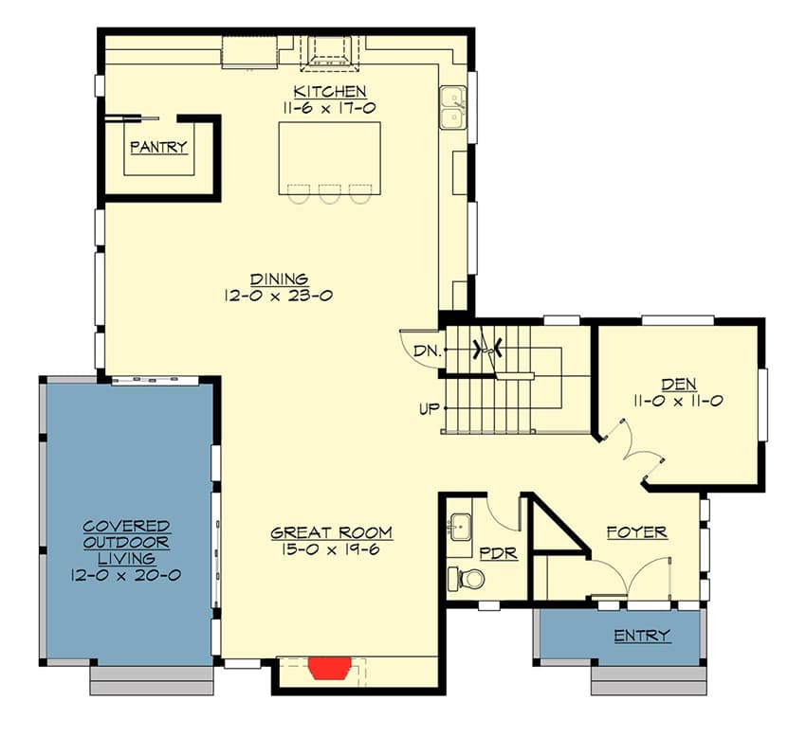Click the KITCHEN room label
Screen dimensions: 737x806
(x=329, y=92)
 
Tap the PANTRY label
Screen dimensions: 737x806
(x=158, y=147)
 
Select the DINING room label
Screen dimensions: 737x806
(x=279, y=279)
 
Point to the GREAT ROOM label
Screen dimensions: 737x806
(x=331, y=532)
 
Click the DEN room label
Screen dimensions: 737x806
(x=679, y=384)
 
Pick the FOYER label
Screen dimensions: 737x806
(x=636, y=532)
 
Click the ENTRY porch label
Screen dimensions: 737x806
(x=641, y=635)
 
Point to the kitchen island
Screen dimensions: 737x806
(x=329, y=156)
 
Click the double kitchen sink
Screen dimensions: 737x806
(x=452, y=107)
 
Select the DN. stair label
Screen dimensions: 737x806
(x=425, y=351)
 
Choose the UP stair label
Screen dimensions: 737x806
(x=429, y=409)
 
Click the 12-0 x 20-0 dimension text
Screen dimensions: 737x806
(x=125, y=574)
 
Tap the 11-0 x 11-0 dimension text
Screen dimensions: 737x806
(x=679, y=401)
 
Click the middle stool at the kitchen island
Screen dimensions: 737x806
(x=329, y=193)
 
